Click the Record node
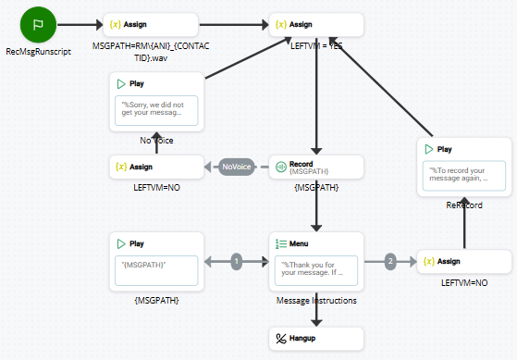(x=317, y=167)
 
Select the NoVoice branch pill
(x=236, y=167)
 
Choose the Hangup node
(x=317, y=337)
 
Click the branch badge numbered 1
(x=237, y=262)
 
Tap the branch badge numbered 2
(x=390, y=262)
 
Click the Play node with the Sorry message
(x=154, y=102)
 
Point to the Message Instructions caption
(x=316, y=301)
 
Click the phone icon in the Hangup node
(x=281, y=337)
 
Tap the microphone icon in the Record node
(x=280, y=167)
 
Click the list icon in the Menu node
(x=280, y=243)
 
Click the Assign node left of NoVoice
(x=154, y=167)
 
